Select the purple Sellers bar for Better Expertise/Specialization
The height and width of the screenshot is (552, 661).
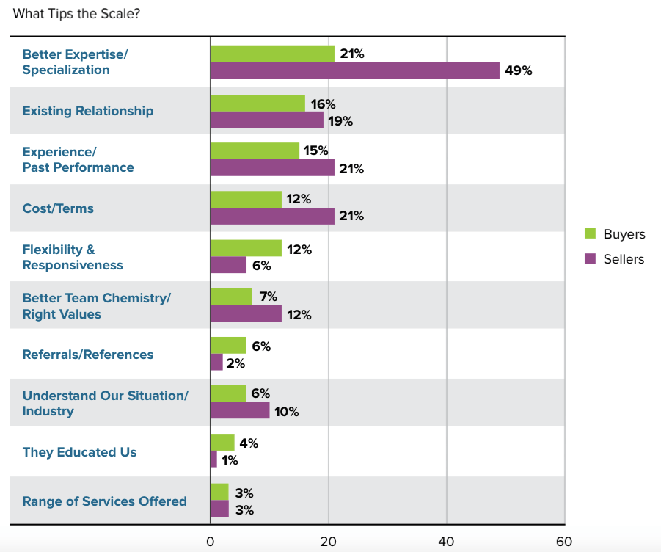coord(355,70)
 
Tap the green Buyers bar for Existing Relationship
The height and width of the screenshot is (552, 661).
coord(258,103)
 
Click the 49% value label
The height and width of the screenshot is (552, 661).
coord(518,71)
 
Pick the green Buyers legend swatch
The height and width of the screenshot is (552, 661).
coord(590,234)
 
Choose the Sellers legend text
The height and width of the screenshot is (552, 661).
coord(624,259)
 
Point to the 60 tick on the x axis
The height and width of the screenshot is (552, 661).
coord(564,542)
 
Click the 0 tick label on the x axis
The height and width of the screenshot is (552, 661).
coord(211,542)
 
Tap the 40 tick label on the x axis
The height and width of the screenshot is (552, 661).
coord(446,542)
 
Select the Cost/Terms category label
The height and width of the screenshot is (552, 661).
coord(58,208)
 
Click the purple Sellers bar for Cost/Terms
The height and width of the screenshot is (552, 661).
coord(272,216)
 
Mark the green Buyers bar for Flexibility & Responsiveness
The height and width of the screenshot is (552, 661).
coord(246,248)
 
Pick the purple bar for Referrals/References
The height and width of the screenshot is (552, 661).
coord(216,362)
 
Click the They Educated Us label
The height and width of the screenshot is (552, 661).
coord(79,452)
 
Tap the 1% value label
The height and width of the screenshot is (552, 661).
coord(230,460)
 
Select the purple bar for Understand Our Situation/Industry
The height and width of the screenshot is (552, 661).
coord(240,411)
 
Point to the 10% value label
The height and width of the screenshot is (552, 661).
coord(287,412)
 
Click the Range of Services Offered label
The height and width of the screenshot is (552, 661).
coord(104,501)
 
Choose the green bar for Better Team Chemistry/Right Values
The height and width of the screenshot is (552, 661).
coord(231,297)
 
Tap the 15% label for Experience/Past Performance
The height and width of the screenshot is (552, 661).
coord(316,151)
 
